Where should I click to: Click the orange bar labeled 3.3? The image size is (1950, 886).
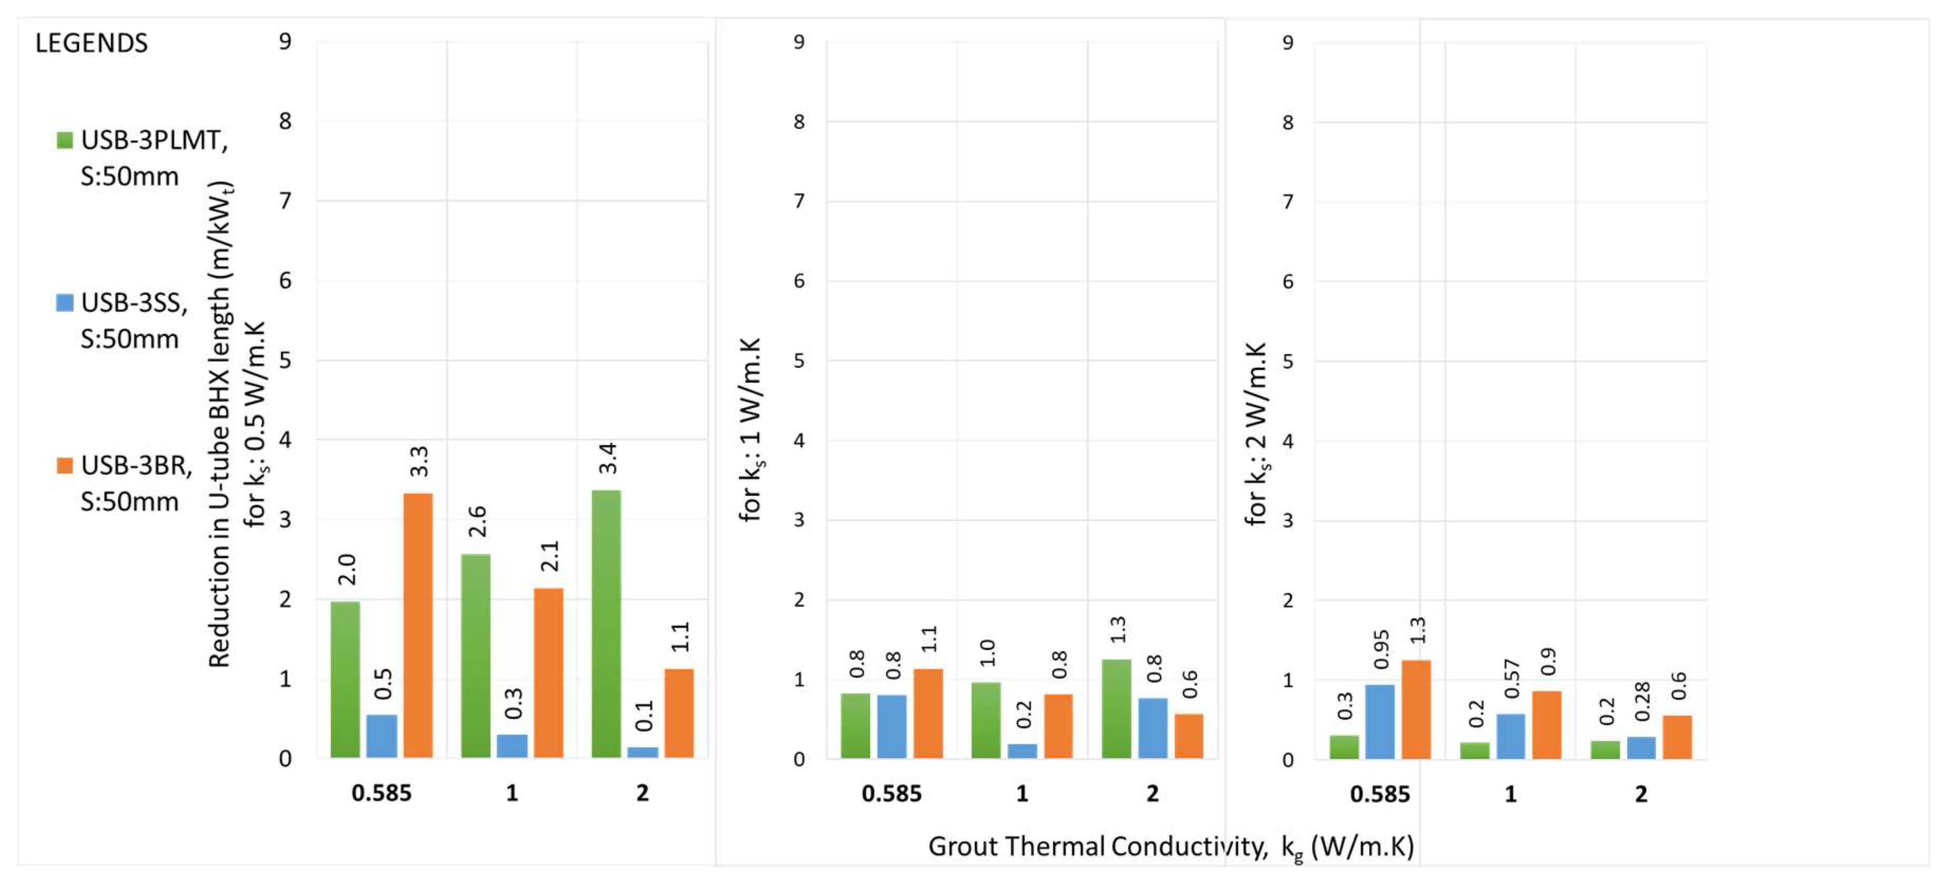pyautogui.click(x=418, y=625)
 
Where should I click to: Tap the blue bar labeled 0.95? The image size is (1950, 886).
pyautogui.click(x=1379, y=721)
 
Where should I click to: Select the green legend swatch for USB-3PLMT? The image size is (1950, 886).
pyautogui.click(x=65, y=140)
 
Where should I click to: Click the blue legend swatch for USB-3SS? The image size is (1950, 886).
pyautogui.click(x=65, y=303)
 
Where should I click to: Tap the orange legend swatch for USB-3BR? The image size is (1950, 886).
pyautogui.click(x=65, y=465)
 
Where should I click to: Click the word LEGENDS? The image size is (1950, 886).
pyautogui.click(x=91, y=43)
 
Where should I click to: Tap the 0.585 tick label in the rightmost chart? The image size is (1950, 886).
pyautogui.click(x=1379, y=793)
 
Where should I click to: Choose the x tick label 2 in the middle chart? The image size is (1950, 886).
pyautogui.click(x=1152, y=793)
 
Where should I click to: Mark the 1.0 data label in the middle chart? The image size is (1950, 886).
pyautogui.click(x=988, y=652)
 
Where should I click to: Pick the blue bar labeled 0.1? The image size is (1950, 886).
pyautogui.click(x=642, y=752)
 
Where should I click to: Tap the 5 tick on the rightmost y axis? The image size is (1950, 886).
pyautogui.click(x=1287, y=361)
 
